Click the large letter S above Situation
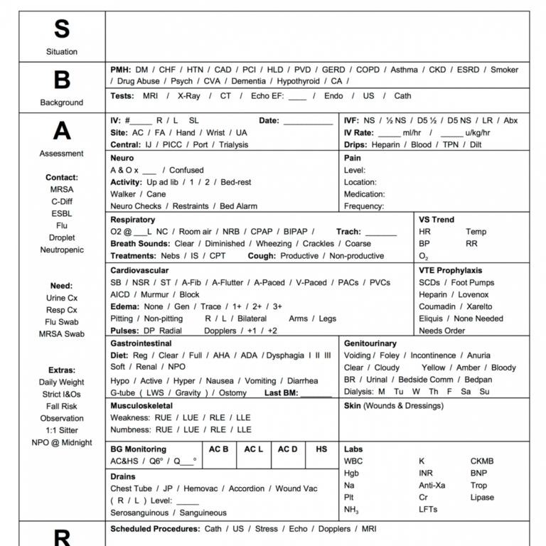pyautogui.click(x=62, y=29)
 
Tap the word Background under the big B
pyautogui.click(x=62, y=102)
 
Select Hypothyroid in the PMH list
pyautogui.click(x=298, y=82)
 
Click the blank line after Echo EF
pyautogui.click(x=297, y=97)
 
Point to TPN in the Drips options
pyautogui.click(x=451, y=145)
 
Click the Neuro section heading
pyautogui.click(x=122, y=158)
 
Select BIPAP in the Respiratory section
pyautogui.click(x=295, y=232)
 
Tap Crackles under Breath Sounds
pyautogui.click(x=318, y=244)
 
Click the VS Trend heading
pyautogui.click(x=437, y=220)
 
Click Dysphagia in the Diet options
pyautogui.click(x=284, y=355)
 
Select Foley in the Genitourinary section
pyautogui.click(x=389, y=355)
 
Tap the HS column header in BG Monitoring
pyautogui.click(x=321, y=449)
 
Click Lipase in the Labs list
pyautogui.click(x=481, y=498)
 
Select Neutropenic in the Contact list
pyautogui.click(x=62, y=250)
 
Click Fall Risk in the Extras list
pyautogui.click(x=62, y=407)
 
